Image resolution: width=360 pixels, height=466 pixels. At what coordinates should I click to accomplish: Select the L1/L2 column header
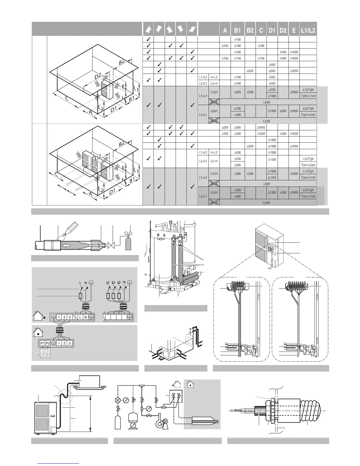coord(308,30)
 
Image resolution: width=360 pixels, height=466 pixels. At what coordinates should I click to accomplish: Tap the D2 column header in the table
coord(283,30)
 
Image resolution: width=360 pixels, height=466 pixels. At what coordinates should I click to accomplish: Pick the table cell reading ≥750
coord(272,89)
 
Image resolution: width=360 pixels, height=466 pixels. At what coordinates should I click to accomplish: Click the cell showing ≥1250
coord(272,177)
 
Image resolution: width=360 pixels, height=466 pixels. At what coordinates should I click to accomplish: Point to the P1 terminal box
coord(42,343)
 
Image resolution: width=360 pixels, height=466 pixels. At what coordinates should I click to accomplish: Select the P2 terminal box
coord(48,343)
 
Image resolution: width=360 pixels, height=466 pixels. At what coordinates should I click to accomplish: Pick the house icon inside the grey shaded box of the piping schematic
coord(190,384)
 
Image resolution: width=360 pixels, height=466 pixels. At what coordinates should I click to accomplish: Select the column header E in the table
coord(294,30)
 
